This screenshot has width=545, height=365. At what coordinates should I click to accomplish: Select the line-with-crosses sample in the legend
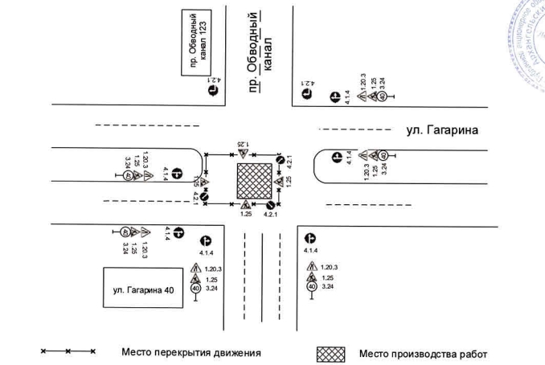pos(69,352)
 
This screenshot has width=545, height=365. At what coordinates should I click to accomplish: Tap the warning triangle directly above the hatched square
pos(242,154)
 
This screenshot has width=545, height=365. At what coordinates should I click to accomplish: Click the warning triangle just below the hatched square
pos(246,205)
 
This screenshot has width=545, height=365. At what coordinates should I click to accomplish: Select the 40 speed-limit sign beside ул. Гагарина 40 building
pos(195,288)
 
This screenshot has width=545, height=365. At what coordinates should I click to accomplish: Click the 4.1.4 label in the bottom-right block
pos(313,251)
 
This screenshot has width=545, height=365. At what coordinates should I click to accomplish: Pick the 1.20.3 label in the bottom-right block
pos(329,267)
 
